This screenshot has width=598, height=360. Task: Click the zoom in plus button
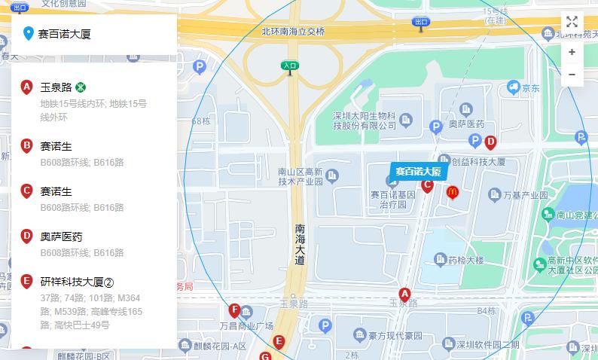tap(572, 52)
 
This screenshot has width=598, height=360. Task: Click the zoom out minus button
tap(572, 75)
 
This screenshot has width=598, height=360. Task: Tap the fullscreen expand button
tap(572, 22)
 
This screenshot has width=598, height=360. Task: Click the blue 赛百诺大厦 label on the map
tap(419, 171)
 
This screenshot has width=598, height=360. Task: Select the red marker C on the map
tap(427, 185)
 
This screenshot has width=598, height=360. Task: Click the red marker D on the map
tap(490, 142)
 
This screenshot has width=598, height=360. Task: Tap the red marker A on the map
tap(404, 294)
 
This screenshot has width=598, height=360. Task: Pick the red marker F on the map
tap(234, 310)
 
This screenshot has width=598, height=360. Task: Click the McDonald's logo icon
tap(452, 193)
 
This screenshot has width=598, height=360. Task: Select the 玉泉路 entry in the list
tap(56, 87)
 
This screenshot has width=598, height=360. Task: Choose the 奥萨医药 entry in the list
tap(61, 236)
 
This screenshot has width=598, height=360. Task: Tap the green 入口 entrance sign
tap(290, 66)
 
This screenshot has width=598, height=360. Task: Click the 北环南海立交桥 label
tap(293, 32)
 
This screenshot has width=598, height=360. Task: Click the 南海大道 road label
tap(300, 244)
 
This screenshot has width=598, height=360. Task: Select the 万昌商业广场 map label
tap(246, 326)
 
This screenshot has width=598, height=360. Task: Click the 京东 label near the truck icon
tap(531, 88)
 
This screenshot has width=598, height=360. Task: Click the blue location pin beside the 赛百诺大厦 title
tap(29, 33)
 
